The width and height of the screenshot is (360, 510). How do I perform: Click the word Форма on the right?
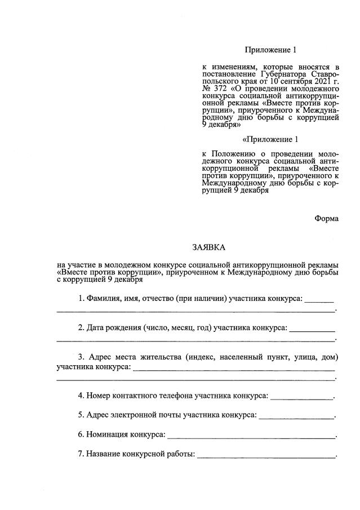point(327,219)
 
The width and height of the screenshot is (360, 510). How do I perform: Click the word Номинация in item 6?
point(106,434)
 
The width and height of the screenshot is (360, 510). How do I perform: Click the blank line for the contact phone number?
point(302,398)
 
